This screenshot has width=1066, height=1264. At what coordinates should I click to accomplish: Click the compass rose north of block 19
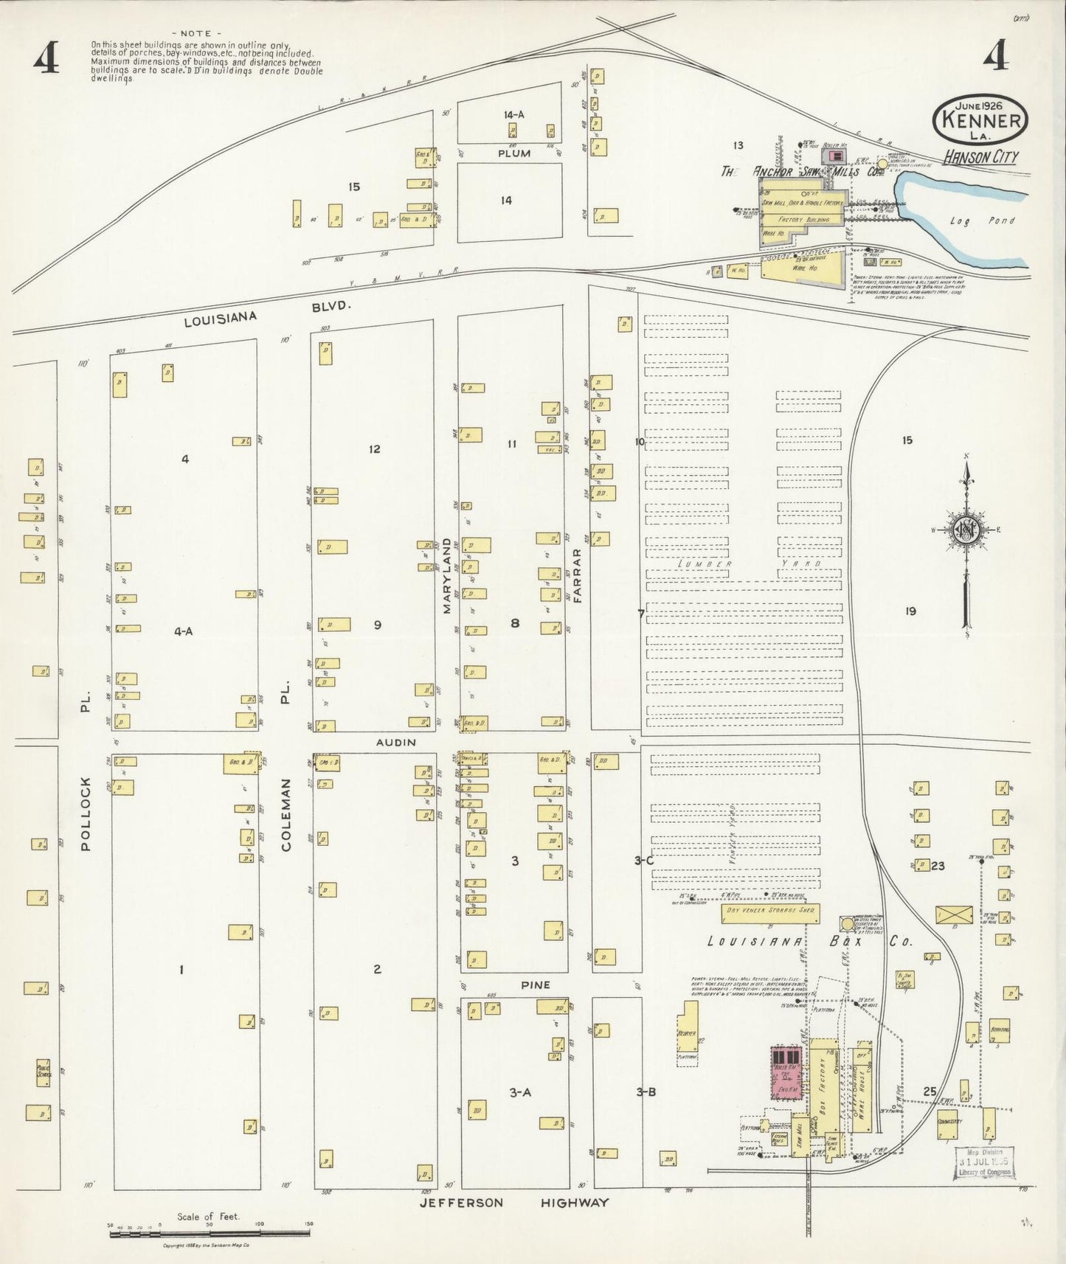(966, 532)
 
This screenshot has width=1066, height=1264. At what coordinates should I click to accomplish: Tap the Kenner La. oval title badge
(980, 120)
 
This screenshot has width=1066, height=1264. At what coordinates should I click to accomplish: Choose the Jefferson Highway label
(514, 1203)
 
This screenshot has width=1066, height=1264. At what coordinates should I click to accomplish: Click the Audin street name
(396, 742)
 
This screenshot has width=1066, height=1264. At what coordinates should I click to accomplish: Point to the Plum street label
(513, 153)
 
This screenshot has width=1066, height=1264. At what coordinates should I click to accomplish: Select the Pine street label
(535, 985)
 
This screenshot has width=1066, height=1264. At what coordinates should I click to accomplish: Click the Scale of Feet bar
(210, 1232)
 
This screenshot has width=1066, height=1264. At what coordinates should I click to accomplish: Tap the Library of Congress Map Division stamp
(984, 1164)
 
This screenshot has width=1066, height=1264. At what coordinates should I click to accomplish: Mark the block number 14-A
(513, 114)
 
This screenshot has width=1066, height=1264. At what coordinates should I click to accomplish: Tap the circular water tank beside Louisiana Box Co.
(846, 923)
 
